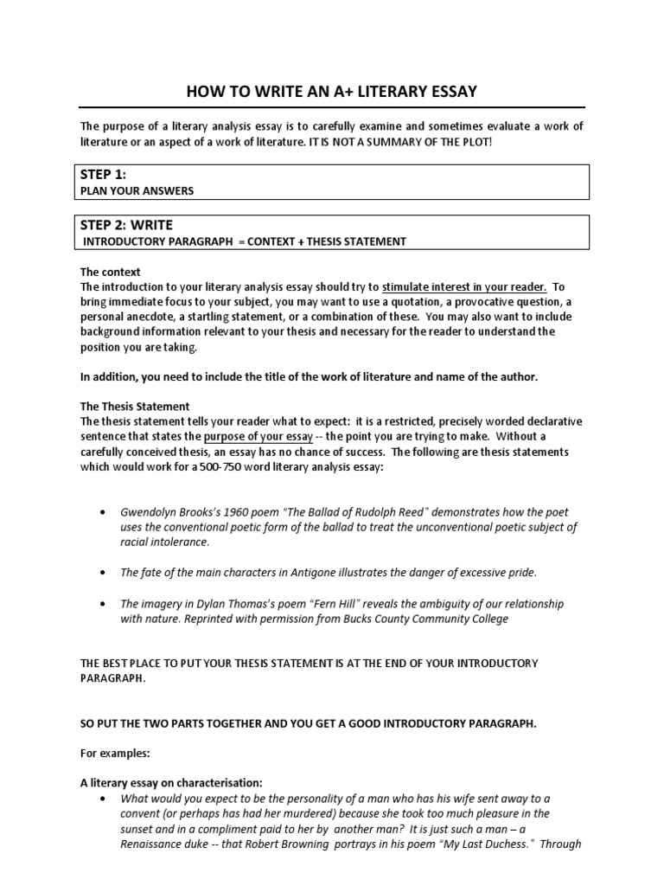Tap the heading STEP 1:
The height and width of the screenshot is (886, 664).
pos(103,175)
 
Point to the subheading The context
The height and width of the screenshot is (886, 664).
pos(111,272)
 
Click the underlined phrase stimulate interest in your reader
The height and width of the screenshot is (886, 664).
pos(463,286)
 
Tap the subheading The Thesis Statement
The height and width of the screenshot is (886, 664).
pos(134,407)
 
